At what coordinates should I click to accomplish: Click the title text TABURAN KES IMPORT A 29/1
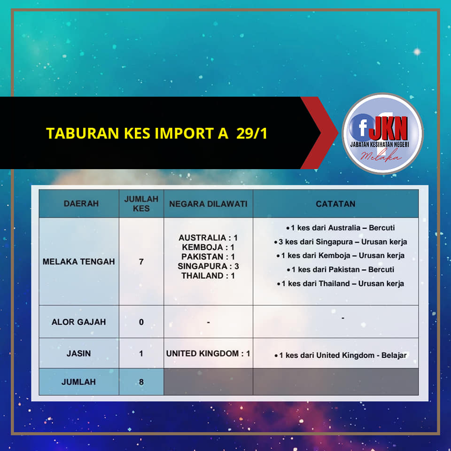tap(157, 133)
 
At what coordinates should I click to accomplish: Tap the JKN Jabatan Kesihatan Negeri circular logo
tap(382, 133)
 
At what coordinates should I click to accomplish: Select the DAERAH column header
tap(81, 203)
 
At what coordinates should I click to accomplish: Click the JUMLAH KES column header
tap(141, 203)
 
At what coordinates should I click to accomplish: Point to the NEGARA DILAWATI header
tap(208, 204)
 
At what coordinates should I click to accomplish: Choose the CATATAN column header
tap(335, 204)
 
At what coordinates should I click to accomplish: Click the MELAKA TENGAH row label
tap(79, 262)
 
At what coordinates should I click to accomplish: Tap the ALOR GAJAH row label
tap(79, 322)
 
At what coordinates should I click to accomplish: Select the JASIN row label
tap(79, 353)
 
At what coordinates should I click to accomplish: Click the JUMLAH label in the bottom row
tap(78, 381)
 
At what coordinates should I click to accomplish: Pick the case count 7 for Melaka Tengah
tap(141, 262)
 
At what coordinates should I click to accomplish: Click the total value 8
tap(141, 381)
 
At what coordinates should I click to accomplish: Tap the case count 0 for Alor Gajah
tap(141, 322)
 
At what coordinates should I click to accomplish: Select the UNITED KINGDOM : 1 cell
tap(208, 353)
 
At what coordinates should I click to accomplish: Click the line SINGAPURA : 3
tap(208, 266)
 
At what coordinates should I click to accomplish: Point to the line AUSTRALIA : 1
tap(208, 238)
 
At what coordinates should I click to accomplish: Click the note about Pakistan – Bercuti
tap(341, 270)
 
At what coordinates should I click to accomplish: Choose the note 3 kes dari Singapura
tap(341, 241)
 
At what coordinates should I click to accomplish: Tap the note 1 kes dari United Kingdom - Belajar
tap(341, 355)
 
